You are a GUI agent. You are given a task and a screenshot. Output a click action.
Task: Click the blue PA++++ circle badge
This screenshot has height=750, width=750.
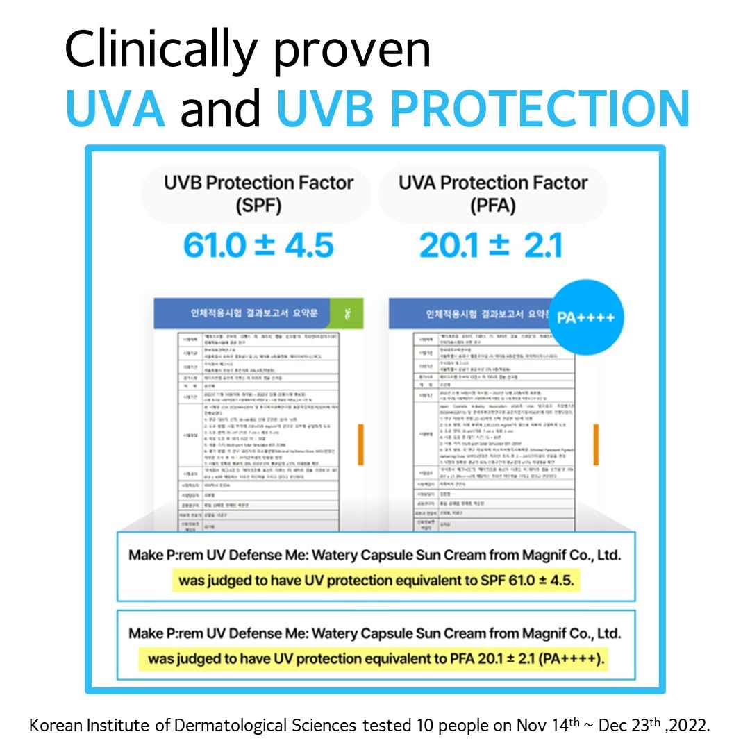pos(585,317)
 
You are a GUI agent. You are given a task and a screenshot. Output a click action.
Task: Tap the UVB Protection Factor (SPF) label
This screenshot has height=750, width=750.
pos(258,194)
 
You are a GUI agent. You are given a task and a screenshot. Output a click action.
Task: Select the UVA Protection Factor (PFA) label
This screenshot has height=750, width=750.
pos(493,194)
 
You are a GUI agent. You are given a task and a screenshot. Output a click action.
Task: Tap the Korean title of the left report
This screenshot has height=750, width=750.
pos(255,314)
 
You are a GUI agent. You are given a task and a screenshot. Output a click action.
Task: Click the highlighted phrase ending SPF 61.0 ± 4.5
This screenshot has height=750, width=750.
pos(376,580)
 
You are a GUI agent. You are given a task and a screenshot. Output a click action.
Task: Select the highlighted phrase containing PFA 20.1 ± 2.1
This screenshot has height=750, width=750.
pos(376,658)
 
